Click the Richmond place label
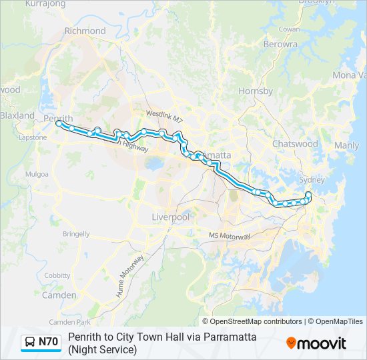coord(85,31)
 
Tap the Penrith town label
coord(57,117)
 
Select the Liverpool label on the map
coord(171,217)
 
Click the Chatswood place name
coord(295,143)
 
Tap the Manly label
coord(346,145)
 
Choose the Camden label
coord(59,295)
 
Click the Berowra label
coord(280,44)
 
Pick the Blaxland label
coord(17,115)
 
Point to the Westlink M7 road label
coord(164,115)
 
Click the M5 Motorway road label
coord(229,236)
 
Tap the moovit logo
coord(316,343)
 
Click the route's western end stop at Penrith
coord(59,123)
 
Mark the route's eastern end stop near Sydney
coord(308,194)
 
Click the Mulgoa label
coord(37,174)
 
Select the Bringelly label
coord(75,234)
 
